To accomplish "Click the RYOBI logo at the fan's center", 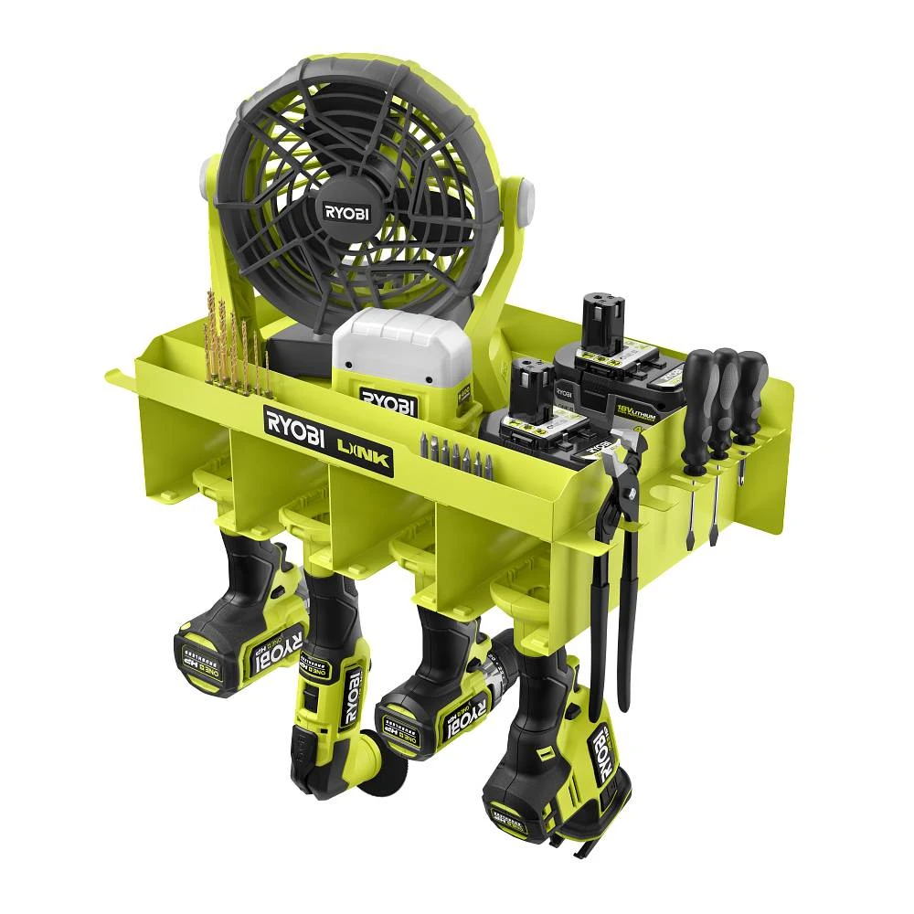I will [345, 212].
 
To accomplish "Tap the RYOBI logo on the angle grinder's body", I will [350, 705].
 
